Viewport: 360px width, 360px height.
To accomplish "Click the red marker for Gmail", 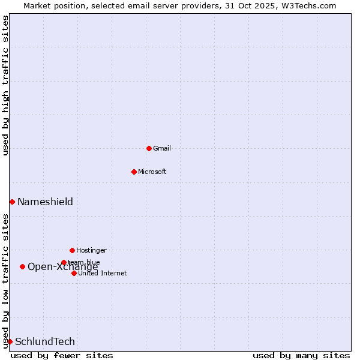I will [149, 148].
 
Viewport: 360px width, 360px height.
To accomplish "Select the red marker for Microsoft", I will [134, 172].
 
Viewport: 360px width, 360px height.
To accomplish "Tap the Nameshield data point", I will [12, 202].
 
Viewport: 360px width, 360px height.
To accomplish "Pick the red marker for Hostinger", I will [72, 250].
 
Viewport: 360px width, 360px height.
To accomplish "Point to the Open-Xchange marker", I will [22, 266].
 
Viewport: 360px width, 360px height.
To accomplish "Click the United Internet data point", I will [74, 273].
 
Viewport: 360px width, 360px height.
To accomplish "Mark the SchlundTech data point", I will [10, 341].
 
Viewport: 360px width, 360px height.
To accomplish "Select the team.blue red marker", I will [64, 262].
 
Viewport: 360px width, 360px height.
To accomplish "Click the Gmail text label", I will [162, 148].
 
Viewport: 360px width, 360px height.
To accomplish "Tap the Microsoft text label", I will [152, 172].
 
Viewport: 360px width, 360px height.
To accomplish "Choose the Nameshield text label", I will [45, 202].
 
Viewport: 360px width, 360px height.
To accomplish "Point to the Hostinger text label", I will [91, 250].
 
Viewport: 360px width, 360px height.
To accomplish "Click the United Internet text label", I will [102, 273].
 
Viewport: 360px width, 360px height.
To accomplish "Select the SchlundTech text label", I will [45, 341].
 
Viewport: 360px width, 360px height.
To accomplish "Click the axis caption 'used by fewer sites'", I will [62, 355].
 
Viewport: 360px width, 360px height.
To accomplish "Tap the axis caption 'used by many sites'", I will [301, 355].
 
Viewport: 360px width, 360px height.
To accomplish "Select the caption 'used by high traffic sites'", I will [5, 85].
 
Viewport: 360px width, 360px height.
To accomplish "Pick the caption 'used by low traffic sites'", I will [5, 280].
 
